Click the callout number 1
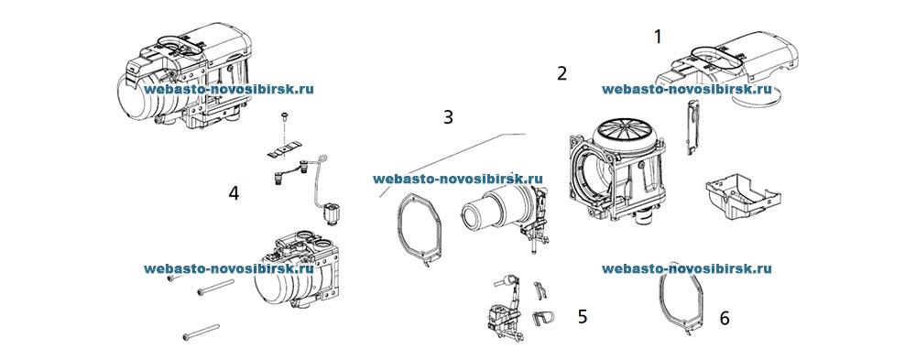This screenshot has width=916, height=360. click(657, 37)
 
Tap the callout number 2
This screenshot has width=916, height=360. click(562, 72)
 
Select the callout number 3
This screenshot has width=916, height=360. click(448, 117)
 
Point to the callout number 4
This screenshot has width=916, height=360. click(234, 193)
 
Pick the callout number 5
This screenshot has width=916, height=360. click(582, 316)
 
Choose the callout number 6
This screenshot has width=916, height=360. click(725, 318)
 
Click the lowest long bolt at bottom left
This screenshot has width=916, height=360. click(201, 332)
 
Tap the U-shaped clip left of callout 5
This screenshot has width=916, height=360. click(541, 317)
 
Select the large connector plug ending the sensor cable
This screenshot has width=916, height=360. click(331, 213)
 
